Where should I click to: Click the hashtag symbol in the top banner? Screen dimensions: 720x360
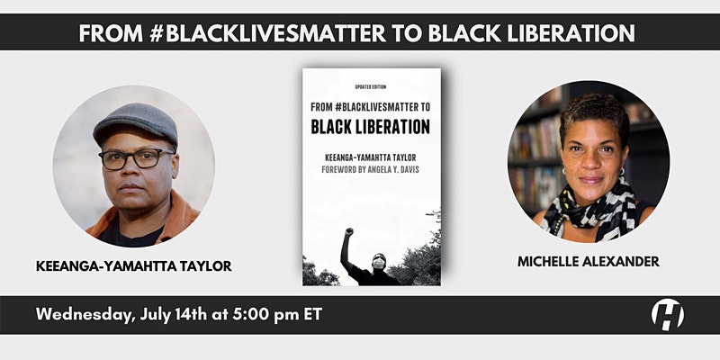click(157, 33)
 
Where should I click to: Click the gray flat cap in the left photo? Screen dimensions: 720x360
click(136, 124)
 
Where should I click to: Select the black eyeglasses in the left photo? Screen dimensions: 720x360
click(136, 159)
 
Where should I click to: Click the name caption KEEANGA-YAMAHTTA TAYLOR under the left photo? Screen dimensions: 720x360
click(133, 265)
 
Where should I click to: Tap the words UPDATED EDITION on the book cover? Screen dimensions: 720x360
click(371, 86)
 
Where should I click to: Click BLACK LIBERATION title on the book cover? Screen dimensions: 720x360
click(371, 127)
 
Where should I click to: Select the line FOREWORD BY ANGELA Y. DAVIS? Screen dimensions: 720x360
click(370, 170)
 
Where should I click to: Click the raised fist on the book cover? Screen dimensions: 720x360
click(349, 232)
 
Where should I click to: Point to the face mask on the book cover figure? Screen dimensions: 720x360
click(379, 263)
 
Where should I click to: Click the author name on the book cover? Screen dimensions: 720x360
click(371, 158)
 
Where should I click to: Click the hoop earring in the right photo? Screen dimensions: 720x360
click(622, 173)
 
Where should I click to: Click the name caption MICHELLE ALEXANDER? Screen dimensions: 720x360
click(589, 261)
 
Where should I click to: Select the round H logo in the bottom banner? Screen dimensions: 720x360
click(667, 314)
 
